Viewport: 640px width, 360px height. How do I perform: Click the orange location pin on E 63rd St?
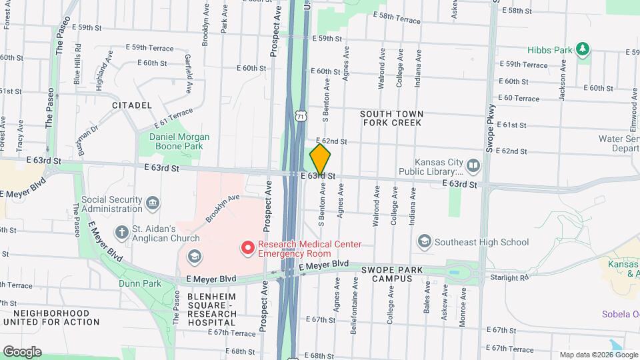click(x=320, y=160)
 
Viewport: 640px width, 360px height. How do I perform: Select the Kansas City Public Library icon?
click(x=473, y=165)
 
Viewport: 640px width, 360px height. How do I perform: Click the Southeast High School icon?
click(x=424, y=241)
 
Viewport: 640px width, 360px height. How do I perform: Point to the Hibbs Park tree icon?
click(x=583, y=49)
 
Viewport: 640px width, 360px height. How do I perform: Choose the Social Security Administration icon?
click(x=152, y=202)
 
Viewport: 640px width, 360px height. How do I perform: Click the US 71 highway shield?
click(x=301, y=116)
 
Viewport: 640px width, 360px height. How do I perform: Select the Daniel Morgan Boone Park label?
click(x=179, y=141)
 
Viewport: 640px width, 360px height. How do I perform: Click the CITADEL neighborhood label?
click(x=132, y=105)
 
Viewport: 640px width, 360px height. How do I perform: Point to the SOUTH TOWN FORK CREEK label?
click(x=391, y=118)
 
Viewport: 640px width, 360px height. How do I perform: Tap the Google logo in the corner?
click(x=21, y=351)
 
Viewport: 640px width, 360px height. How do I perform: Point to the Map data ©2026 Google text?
click(x=598, y=355)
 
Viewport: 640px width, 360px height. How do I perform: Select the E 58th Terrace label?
click(x=397, y=17)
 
